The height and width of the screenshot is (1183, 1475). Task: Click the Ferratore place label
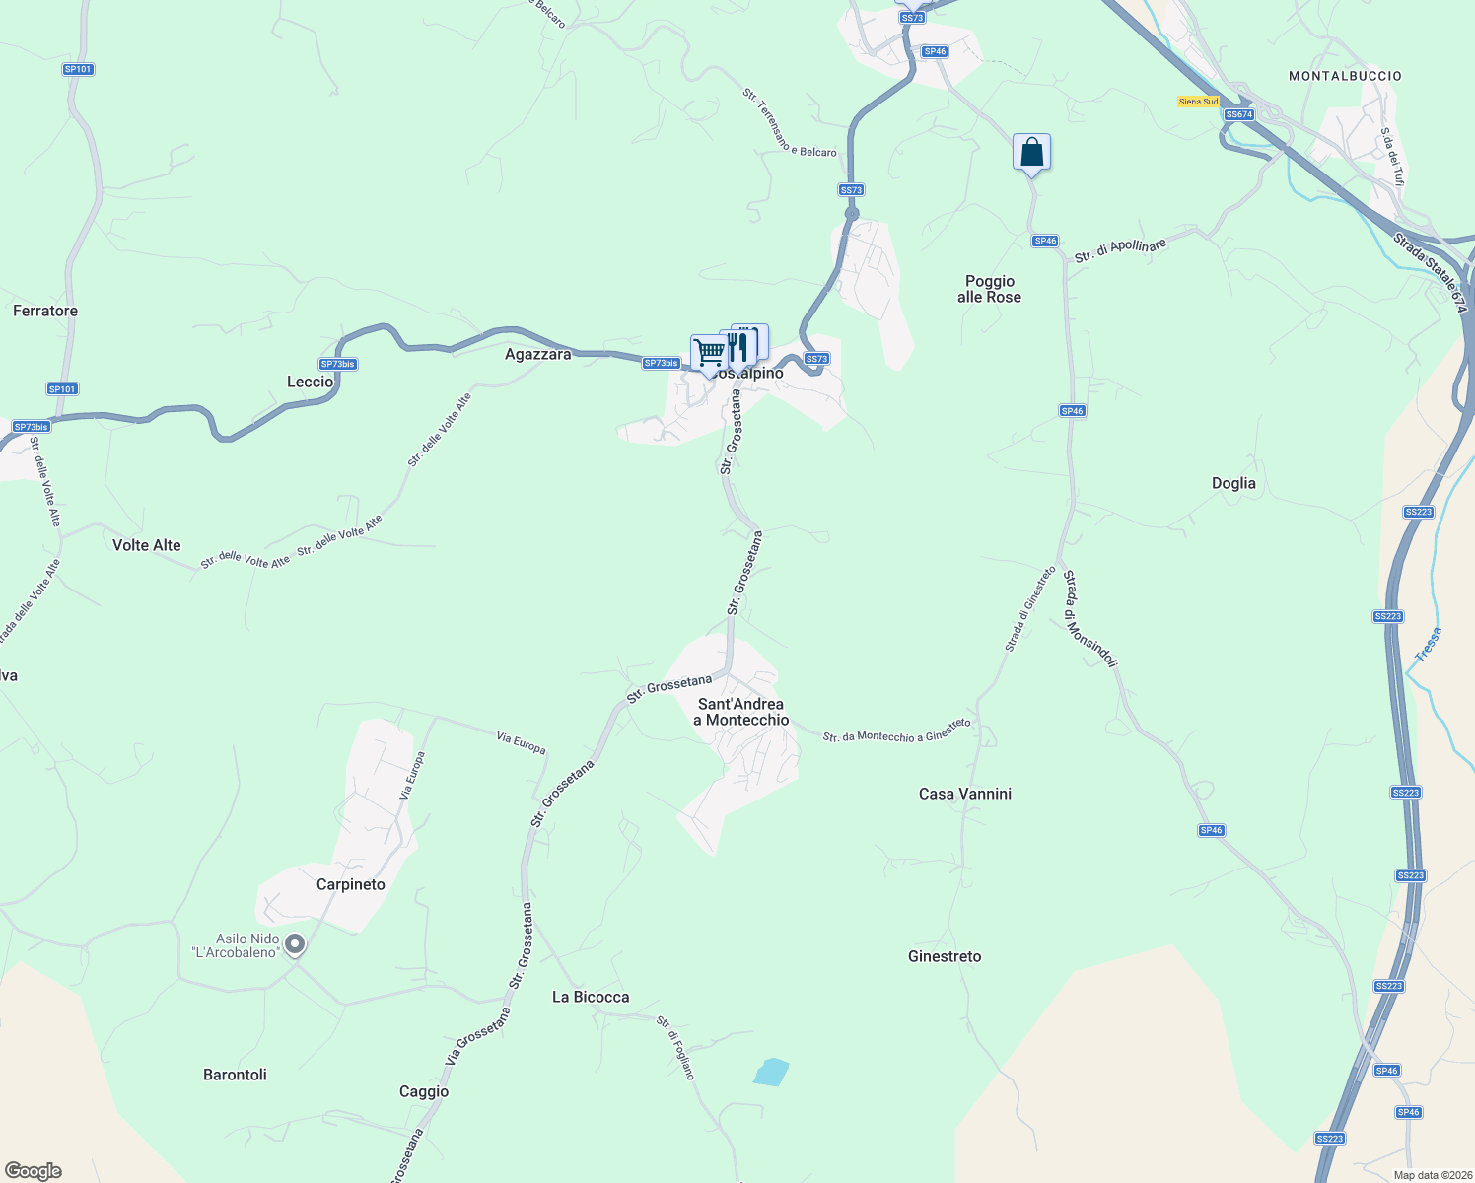click(x=45, y=311)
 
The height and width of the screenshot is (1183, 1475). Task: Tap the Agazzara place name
click(x=537, y=354)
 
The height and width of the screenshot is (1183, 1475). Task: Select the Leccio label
click(x=310, y=382)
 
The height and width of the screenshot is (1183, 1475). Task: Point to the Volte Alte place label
click(x=147, y=545)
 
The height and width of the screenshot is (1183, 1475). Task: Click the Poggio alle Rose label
click(x=989, y=289)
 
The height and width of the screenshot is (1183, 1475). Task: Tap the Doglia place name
click(x=1233, y=483)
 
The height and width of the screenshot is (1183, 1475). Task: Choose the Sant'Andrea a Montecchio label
click(x=741, y=712)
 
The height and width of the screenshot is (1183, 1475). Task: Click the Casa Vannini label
click(x=965, y=794)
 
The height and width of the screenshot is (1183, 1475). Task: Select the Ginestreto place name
click(x=945, y=956)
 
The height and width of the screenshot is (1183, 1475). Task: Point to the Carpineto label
click(x=351, y=884)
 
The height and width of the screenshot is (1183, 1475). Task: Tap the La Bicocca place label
click(x=591, y=997)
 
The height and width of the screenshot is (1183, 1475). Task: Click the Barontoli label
click(x=235, y=1075)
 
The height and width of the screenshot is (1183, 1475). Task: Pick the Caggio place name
click(x=424, y=1091)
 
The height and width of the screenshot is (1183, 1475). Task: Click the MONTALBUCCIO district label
click(x=1345, y=76)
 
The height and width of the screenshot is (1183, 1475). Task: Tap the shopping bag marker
click(x=1031, y=153)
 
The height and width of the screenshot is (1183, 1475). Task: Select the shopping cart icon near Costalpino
click(x=708, y=352)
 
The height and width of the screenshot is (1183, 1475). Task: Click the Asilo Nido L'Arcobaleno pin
click(x=295, y=945)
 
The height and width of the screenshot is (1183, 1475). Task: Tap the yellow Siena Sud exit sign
click(x=1198, y=102)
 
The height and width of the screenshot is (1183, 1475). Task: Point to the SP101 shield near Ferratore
click(x=62, y=389)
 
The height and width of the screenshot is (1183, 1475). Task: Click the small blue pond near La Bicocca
click(x=771, y=1072)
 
